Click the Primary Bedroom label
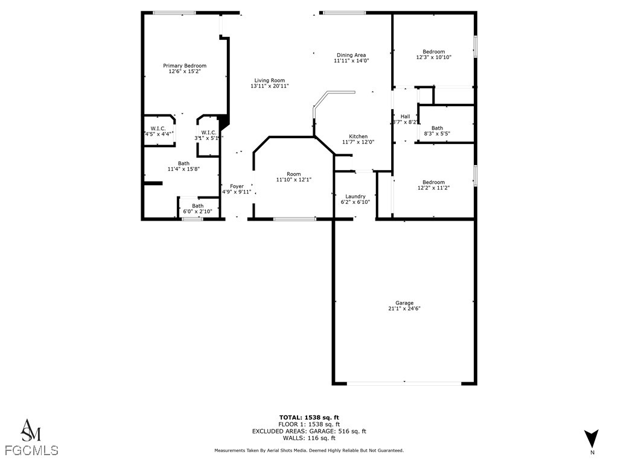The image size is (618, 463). tap(184, 66)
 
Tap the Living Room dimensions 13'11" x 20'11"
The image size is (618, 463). tap(269, 86)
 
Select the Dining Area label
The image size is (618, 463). tap(351, 55)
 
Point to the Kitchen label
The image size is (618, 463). tap(358, 136)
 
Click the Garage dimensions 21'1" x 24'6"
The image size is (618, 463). tap(404, 308)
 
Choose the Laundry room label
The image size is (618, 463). tap(355, 197)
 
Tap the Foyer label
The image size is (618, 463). tap(237, 186)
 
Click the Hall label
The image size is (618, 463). tap(405, 116)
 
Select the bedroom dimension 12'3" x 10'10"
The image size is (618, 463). tap(433, 57)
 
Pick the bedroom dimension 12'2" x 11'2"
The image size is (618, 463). tap(433, 188)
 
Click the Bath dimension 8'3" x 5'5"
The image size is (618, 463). tap(437, 133)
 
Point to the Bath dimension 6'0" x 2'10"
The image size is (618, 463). tap(197, 212)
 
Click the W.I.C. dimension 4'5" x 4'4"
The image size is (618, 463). tap(158, 133)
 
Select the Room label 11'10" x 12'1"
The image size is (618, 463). tap(293, 174)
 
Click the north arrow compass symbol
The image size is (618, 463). tap(591, 438)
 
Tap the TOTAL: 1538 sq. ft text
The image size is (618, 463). tap(309, 417)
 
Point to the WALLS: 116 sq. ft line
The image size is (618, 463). tap(309, 438)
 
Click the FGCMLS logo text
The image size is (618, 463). tap(31, 450)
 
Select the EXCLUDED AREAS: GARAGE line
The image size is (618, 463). tap(309, 431)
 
